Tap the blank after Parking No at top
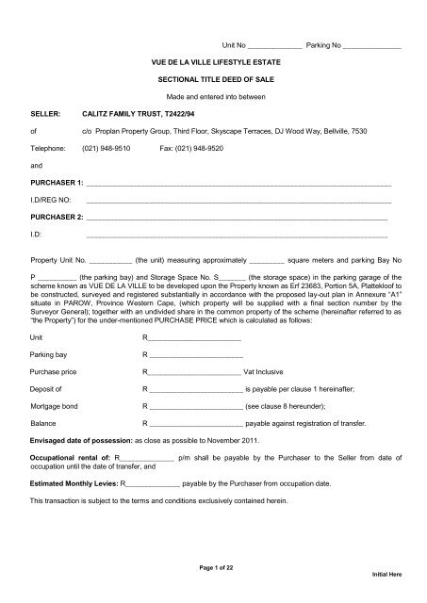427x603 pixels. click(x=372, y=44)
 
